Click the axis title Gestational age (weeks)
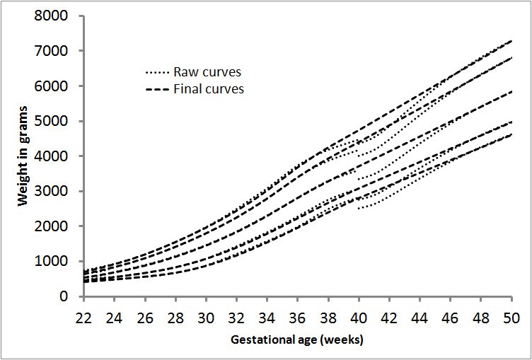[296, 340]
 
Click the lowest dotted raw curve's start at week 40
[359, 208]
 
